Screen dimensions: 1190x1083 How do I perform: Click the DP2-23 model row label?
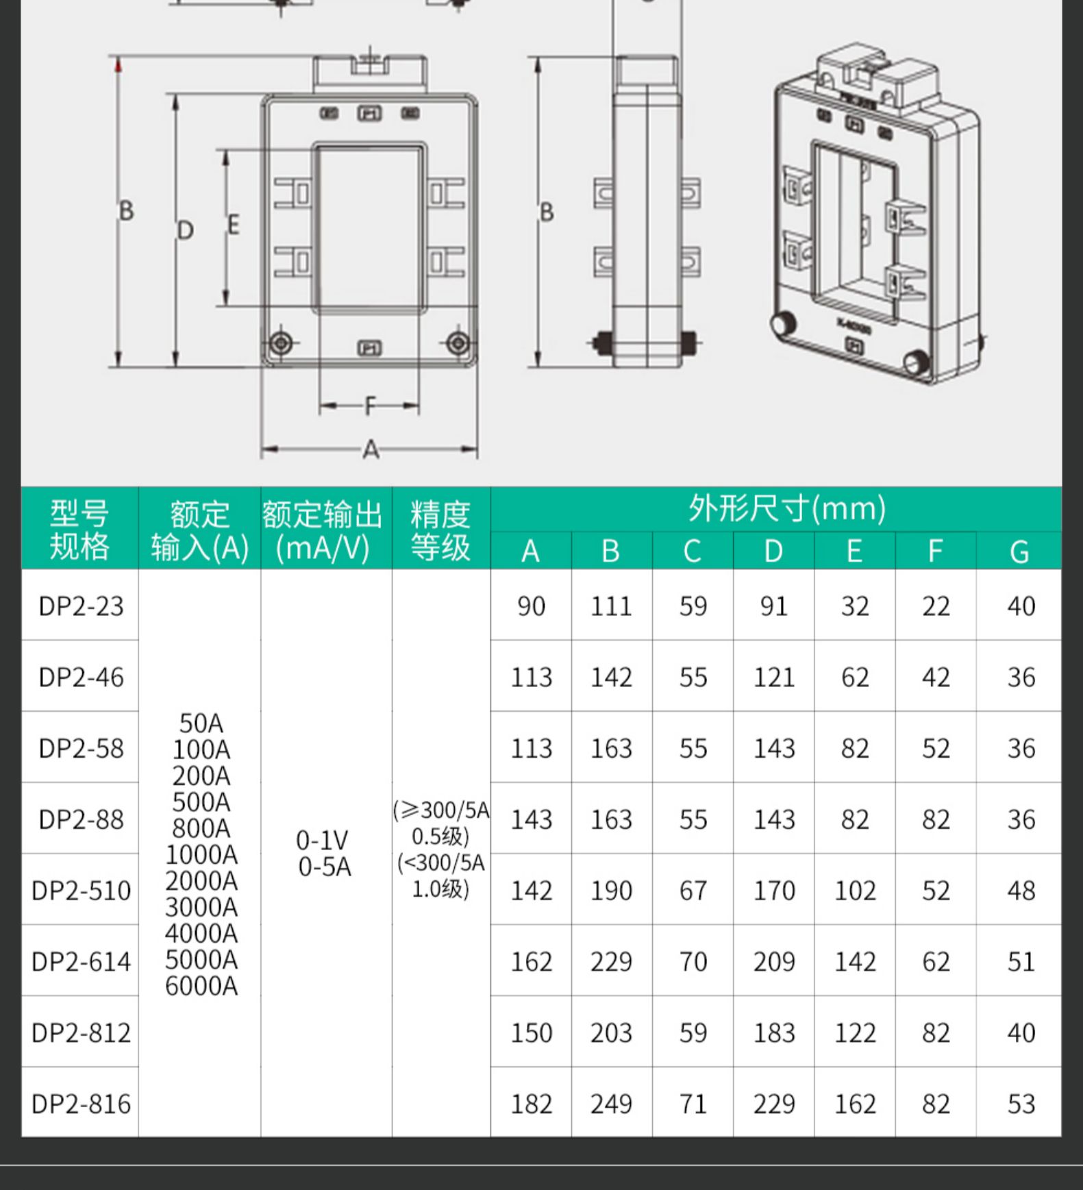pos(81,606)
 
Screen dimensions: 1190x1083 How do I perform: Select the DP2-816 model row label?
pos(81,1104)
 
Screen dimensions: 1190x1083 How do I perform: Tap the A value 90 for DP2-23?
pos(531,606)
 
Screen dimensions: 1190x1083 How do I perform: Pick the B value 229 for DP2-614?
pos(611,962)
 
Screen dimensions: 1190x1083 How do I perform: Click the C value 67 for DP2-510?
pos(693,891)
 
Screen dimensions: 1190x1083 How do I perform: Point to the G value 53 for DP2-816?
pos(1021,1104)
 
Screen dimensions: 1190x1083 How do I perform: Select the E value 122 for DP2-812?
pos(855,1032)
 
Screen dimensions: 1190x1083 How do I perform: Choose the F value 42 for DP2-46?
pos(936,678)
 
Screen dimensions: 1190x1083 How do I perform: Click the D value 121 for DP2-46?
pos(774,678)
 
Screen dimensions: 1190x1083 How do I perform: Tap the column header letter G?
pos(1019,551)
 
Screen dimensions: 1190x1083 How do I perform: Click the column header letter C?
pos(693,551)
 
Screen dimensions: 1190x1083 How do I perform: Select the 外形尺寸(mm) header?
pos(787,509)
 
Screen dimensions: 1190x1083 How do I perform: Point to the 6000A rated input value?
pos(201,986)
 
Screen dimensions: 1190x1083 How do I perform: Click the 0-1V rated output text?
pos(323,840)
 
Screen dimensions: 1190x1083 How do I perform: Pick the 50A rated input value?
pos(201,723)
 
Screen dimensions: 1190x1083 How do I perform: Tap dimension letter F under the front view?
pos(371,406)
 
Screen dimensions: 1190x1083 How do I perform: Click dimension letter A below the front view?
pos(371,450)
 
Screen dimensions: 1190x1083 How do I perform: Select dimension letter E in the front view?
pos(234,225)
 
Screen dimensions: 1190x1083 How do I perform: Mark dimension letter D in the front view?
pos(186,230)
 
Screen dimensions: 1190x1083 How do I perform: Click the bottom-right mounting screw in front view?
pos(458,343)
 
